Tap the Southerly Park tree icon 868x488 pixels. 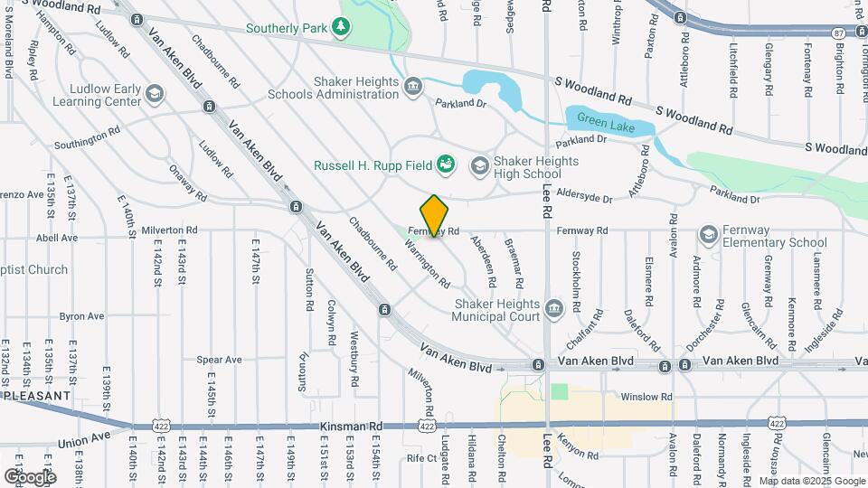tap(341, 29)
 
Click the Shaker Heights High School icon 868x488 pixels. tap(478, 164)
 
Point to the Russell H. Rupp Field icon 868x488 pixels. tap(445, 164)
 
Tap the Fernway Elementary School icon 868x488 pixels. tap(709, 235)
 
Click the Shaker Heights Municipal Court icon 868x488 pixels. tap(553, 311)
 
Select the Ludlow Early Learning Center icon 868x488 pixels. tap(155, 94)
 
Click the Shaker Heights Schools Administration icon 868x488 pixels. tap(413, 87)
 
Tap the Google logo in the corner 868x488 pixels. tap(29, 477)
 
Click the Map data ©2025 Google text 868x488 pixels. tap(811, 481)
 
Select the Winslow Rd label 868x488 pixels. tap(646, 397)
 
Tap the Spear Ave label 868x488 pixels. tap(220, 360)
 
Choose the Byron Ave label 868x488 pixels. tap(81, 316)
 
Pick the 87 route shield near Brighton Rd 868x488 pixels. tap(838, 33)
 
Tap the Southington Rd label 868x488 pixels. tap(87, 138)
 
